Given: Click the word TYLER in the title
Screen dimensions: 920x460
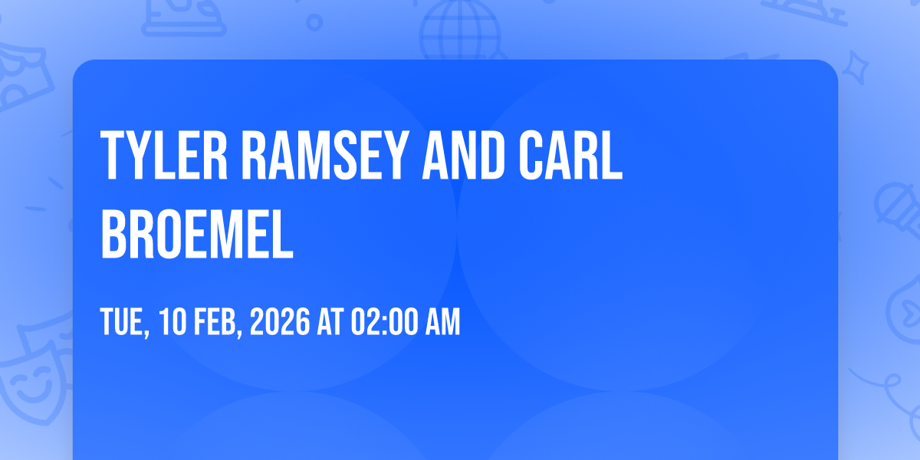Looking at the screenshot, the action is coord(164,155).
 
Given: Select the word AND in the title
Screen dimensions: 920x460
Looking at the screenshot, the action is coord(464,155).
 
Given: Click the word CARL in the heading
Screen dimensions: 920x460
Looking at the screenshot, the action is coord(570,155).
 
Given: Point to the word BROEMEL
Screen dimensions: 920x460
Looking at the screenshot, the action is coord(197,234).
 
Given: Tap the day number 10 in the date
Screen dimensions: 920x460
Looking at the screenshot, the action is coord(172,321).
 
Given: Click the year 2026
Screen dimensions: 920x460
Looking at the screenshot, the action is coord(280,321).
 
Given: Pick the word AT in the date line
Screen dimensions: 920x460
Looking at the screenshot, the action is coord(330,321).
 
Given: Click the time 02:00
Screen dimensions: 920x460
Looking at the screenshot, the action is coord(384,321).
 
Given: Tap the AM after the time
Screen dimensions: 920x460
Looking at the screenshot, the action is coord(443,321).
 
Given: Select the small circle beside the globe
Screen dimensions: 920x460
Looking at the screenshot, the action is coord(314,22).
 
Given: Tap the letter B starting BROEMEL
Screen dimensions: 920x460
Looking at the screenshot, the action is coord(113,234).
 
